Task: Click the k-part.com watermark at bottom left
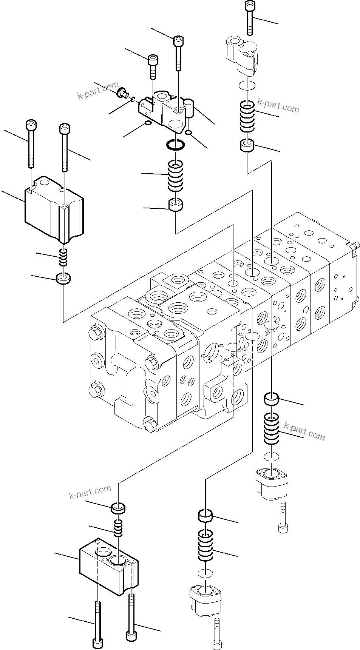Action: coord(90,492)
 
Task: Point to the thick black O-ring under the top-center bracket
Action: coord(176,145)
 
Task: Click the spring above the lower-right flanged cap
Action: coord(271,427)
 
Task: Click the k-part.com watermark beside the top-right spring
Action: coord(278,106)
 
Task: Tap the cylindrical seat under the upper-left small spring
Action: coord(64,279)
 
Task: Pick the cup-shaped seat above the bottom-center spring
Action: coord(205,515)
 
